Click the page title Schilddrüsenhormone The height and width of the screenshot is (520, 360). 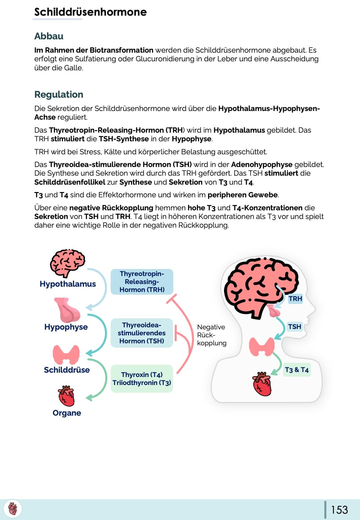(x=90, y=12)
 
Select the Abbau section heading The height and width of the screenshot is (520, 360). (x=49, y=36)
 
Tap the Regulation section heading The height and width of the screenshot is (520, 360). (x=59, y=94)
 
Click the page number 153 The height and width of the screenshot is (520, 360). (x=339, y=510)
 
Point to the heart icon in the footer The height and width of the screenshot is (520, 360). (x=13, y=509)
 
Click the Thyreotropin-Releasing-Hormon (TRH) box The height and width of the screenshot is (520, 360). (x=142, y=282)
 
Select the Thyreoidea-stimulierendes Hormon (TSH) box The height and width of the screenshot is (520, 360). (x=142, y=333)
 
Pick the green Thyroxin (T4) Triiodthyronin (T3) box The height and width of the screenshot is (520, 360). (x=142, y=379)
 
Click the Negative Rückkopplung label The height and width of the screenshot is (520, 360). (x=212, y=335)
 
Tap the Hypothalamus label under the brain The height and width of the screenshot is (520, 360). (x=68, y=284)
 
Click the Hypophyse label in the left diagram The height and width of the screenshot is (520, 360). (x=66, y=327)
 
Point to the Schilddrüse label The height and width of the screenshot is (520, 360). (x=67, y=370)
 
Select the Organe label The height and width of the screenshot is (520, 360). (x=67, y=413)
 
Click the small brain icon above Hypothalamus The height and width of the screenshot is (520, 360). (x=68, y=262)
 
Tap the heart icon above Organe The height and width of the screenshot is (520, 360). (x=66, y=396)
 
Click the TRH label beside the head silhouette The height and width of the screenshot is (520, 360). (x=295, y=299)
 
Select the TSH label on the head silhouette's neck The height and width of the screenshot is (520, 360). (x=295, y=327)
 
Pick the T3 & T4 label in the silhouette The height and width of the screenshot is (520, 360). (x=297, y=370)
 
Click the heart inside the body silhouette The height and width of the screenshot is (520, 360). (x=262, y=384)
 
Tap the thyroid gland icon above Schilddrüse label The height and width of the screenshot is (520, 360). (x=66, y=354)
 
